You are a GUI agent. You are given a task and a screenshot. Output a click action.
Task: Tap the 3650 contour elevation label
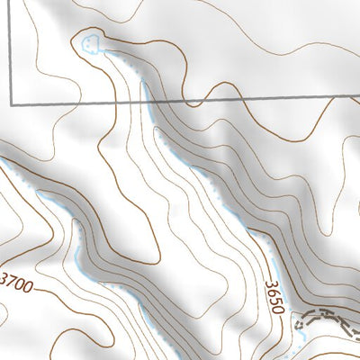coord(275,295)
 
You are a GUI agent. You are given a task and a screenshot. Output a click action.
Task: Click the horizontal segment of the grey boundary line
coord(225,96)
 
